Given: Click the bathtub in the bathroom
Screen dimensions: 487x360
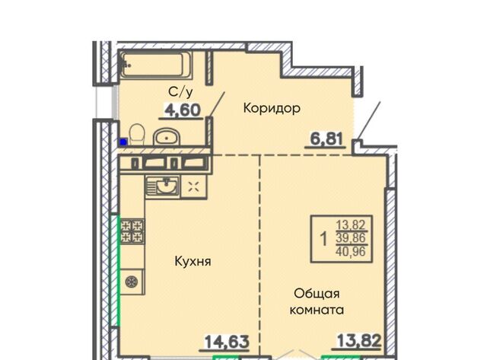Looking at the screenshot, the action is [x=155, y=65].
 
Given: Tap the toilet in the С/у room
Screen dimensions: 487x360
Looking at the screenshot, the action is [x=137, y=135].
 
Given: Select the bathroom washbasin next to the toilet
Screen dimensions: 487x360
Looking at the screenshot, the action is [x=166, y=137].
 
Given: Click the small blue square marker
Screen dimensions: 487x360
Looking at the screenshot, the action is [x=123, y=142].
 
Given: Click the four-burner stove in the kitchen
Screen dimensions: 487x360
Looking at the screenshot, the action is [x=132, y=231].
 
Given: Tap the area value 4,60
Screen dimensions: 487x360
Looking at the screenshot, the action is [x=183, y=110].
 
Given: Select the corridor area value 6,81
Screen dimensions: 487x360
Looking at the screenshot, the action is [x=326, y=139].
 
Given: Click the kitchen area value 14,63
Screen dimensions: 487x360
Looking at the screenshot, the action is [x=227, y=342].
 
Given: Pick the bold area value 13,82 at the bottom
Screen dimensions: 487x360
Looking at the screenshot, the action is [x=359, y=341].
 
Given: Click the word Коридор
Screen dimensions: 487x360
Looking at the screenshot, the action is [x=272, y=108].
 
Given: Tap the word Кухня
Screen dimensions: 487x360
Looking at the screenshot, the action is [x=193, y=261].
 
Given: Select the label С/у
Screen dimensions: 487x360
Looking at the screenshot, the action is [x=180, y=91].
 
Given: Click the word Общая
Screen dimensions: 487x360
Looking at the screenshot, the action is [x=317, y=293].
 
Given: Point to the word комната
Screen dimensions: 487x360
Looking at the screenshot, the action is [x=317, y=310].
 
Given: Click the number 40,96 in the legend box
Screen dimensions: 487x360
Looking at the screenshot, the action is [x=351, y=251].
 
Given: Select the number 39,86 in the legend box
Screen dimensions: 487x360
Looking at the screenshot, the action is [x=351, y=238].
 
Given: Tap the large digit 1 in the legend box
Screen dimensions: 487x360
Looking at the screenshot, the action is [x=323, y=240].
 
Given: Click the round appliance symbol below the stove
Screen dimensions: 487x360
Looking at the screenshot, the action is [x=132, y=282].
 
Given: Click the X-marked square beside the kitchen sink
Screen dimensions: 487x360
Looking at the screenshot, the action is [x=194, y=187].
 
